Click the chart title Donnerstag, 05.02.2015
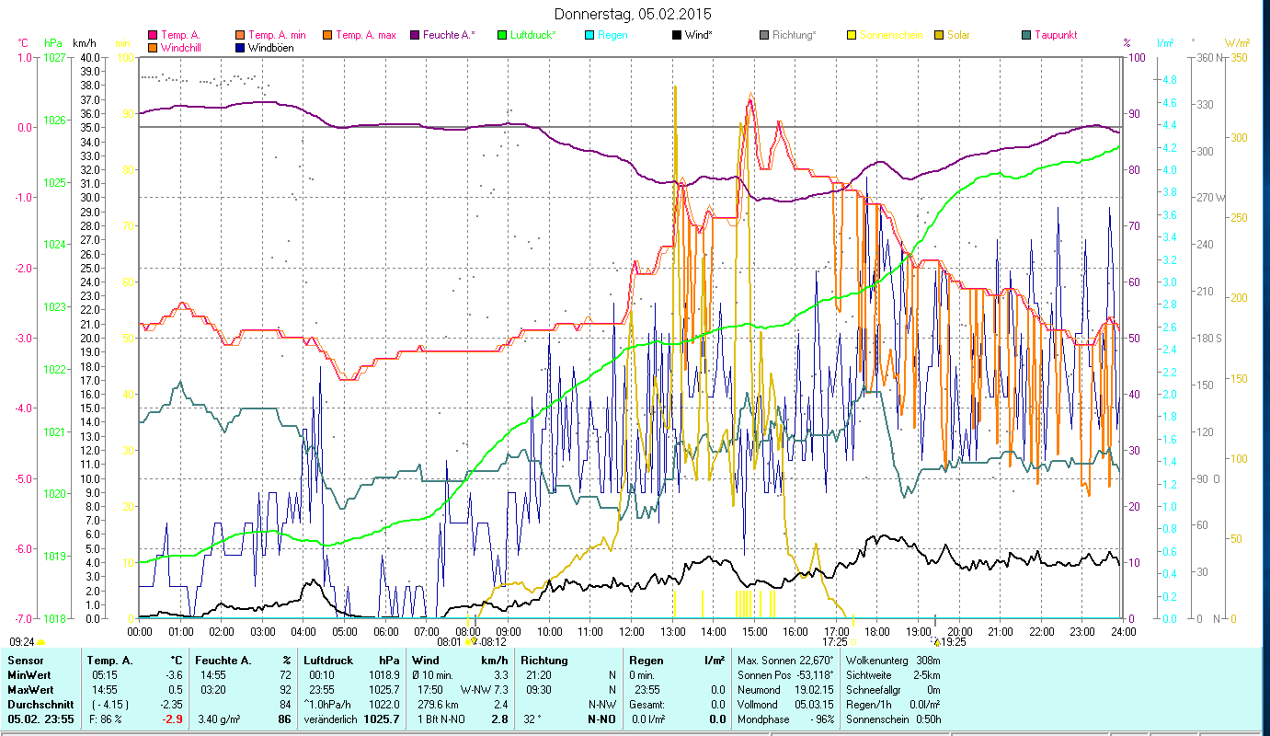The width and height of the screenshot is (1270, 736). (633, 14)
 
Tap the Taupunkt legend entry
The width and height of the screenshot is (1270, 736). (1055, 35)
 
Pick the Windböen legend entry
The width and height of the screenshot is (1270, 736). (270, 47)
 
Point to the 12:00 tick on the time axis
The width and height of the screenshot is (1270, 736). (632, 632)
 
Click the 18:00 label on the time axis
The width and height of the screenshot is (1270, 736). (877, 632)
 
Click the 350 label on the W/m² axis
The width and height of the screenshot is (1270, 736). (1238, 57)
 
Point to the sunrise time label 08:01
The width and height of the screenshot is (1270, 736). (449, 642)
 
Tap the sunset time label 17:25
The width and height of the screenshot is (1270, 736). (834, 642)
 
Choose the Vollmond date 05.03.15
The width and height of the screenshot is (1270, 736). (815, 704)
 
